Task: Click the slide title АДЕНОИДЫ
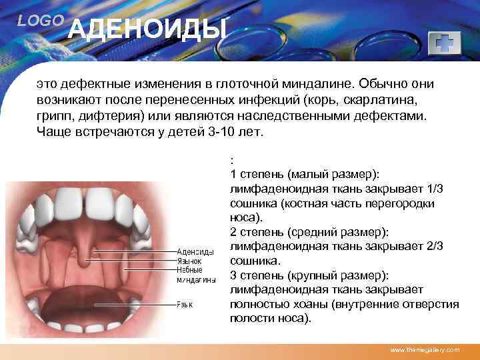click(148, 30)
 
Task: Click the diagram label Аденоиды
click(195, 252)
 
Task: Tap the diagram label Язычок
click(189, 262)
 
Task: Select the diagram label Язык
click(185, 305)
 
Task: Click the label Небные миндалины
click(195, 275)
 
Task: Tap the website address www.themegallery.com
click(425, 349)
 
